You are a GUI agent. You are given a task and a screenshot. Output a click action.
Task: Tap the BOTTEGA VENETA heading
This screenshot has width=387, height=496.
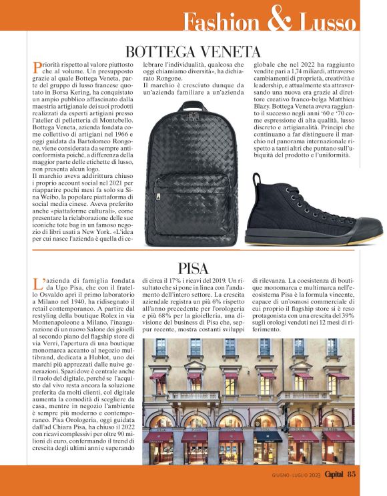193,51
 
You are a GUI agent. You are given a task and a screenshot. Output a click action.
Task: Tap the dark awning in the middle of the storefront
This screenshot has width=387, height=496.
268,436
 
